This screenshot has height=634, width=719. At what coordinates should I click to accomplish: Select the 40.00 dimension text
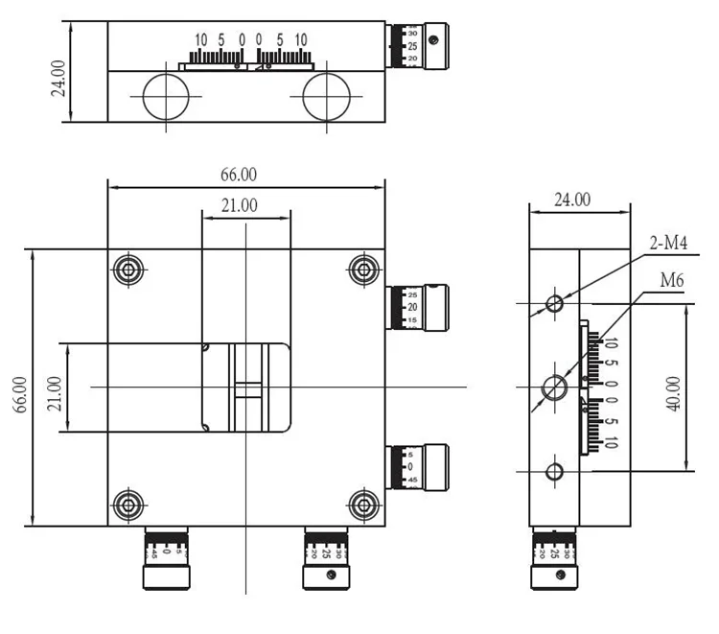tap(674, 392)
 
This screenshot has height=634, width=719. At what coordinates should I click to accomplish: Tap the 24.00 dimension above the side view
tap(572, 200)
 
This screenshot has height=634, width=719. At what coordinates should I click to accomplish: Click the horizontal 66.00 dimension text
tap(239, 175)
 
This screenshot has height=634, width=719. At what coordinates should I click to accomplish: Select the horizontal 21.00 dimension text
tap(239, 204)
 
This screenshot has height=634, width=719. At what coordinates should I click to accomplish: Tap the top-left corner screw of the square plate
tap(128, 270)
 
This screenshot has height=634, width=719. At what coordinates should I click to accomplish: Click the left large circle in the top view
tap(166, 98)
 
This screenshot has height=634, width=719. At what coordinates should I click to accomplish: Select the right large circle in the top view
tap(326, 98)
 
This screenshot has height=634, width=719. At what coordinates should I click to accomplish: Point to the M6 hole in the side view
tap(554, 387)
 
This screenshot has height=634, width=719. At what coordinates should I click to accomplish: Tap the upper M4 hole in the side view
tap(554, 304)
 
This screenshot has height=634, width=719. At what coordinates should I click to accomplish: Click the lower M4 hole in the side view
tap(554, 471)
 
